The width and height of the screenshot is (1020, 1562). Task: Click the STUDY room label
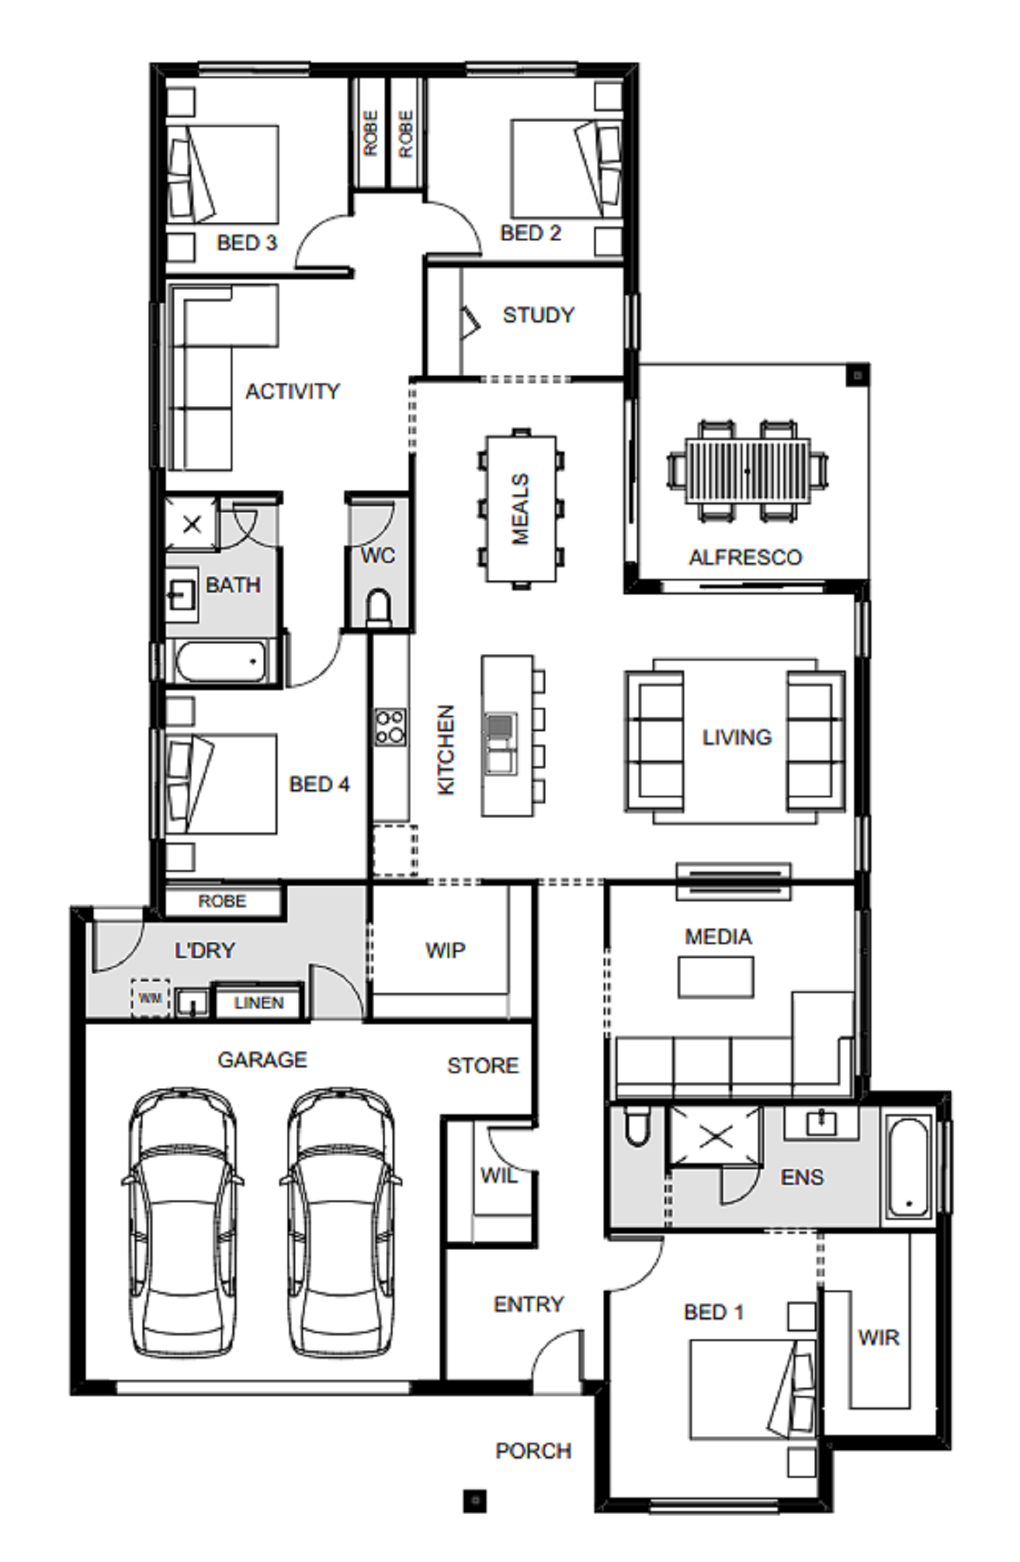pyautogui.click(x=538, y=315)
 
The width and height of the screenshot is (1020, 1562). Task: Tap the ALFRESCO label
pyautogui.click(x=745, y=557)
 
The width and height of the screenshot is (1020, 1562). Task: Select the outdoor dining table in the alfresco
pyautogui.click(x=747, y=471)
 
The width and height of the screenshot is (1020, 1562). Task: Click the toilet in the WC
pyautogui.click(x=379, y=608)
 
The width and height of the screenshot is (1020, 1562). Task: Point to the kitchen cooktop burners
pyautogui.click(x=390, y=726)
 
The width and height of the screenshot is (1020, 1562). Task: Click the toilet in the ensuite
pyautogui.click(x=637, y=1127)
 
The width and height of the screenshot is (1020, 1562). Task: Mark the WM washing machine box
pyautogui.click(x=150, y=998)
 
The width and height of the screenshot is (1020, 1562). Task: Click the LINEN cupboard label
pyautogui.click(x=259, y=1003)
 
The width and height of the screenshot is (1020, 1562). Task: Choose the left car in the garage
pyautogui.click(x=182, y=1223)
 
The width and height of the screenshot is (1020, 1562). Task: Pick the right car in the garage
pyautogui.click(x=341, y=1223)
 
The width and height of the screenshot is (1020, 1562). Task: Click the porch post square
pyautogui.click(x=475, y=1500)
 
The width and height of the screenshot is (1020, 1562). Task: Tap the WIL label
pyautogui.click(x=499, y=1176)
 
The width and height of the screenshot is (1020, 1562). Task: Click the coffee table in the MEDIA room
pyautogui.click(x=715, y=977)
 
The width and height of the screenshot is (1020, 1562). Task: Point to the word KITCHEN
pyautogui.click(x=446, y=750)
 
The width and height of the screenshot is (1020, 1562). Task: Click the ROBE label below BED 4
pyautogui.click(x=222, y=901)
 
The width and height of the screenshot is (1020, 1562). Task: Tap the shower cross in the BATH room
pyautogui.click(x=192, y=524)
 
